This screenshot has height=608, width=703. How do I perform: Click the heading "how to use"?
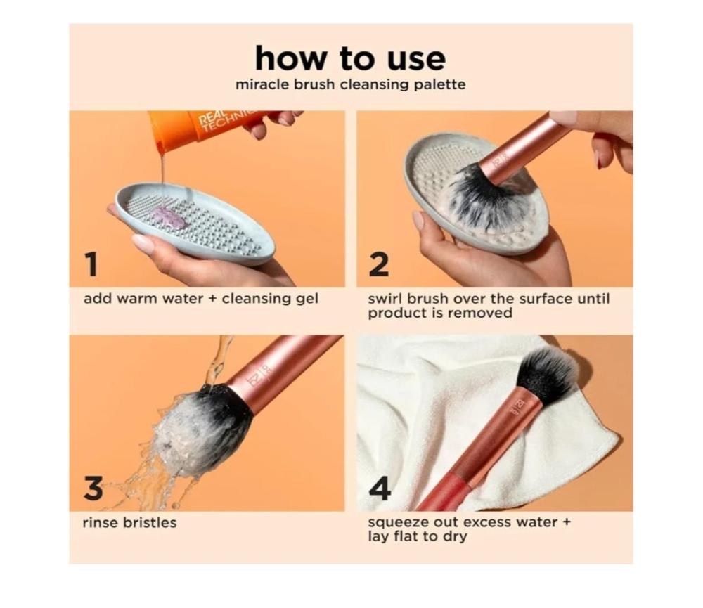pyautogui.click(x=350, y=58)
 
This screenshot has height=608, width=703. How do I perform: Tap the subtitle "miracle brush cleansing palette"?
pyautogui.click(x=350, y=85)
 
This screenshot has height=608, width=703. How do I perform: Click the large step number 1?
pyautogui.click(x=91, y=264)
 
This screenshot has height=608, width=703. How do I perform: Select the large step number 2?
pyautogui.click(x=379, y=264)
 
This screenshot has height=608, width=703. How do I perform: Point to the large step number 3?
pyautogui.click(x=93, y=488)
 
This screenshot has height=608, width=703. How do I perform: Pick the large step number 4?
pyautogui.click(x=380, y=489)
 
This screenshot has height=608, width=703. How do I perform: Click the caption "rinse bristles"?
pyautogui.click(x=129, y=523)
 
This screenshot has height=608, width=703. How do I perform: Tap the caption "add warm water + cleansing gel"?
pyautogui.click(x=201, y=299)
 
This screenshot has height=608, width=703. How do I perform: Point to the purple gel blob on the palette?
pyautogui.click(x=170, y=217)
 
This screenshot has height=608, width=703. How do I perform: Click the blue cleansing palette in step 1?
pyautogui.click(x=195, y=224)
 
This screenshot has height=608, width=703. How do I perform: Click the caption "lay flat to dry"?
pyautogui.click(x=418, y=537)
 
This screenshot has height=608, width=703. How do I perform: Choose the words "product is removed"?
pyautogui.click(x=440, y=313)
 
